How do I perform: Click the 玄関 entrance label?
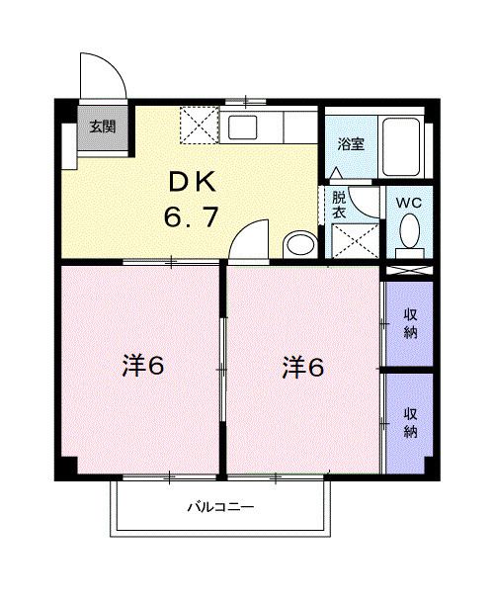[x=103, y=127]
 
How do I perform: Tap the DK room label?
[x=193, y=183]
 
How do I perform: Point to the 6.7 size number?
[x=192, y=216]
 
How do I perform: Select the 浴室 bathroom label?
[x=351, y=144]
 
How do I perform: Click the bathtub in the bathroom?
[x=401, y=147]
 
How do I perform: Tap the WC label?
[x=408, y=203]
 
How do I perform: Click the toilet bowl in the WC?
[x=410, y=231]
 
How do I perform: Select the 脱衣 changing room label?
[x=339, y=205]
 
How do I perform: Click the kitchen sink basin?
[x=242, y=128]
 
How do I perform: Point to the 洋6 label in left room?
[x=143, y=366]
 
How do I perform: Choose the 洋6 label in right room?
[x=302, y=367]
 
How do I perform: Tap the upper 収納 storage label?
[x=410, y=323]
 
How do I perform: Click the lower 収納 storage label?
[x=410, y=423]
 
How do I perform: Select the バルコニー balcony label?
[x=220, y=507]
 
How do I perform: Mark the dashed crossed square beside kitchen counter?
[x=200, y=126]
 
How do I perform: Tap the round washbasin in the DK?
[x=300, y=244]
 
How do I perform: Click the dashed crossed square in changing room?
[x=355, y=241]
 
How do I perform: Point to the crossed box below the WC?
[x=409, y=270]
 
